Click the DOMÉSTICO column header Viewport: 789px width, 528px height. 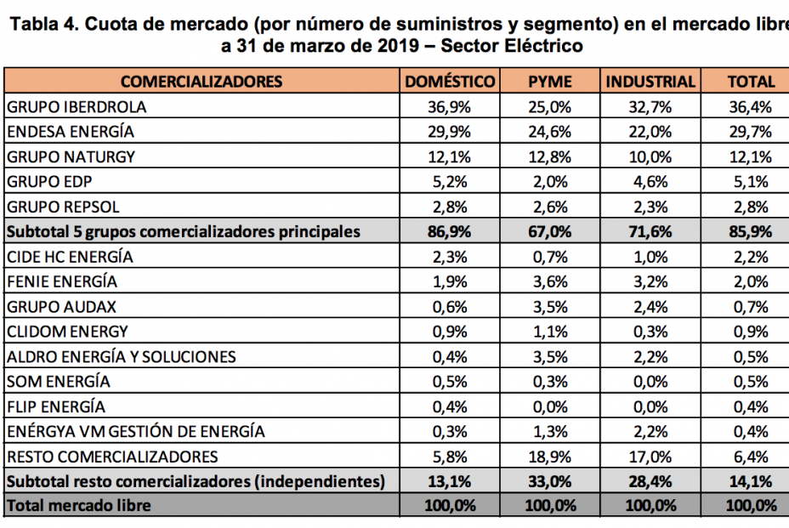coord(450,82)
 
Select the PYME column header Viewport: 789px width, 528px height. coord(549,82)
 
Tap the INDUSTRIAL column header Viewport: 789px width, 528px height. coord(650,82)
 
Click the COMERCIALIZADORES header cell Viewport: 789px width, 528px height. coord(202,82)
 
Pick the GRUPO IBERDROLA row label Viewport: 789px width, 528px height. coord(76,107)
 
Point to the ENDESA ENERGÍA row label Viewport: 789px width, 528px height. coord(70,132)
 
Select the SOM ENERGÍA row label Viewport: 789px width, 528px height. coord(58,382)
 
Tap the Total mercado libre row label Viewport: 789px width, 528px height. coord(78,506)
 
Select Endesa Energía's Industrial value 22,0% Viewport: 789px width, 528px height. coord(650,132)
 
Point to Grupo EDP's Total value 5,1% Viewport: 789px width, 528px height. coord(752,182)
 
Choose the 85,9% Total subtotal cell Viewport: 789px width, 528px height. coord(752,232)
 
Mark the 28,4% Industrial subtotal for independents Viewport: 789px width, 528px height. coord(650,481)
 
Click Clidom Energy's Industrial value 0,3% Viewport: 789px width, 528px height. coord(650,332)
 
